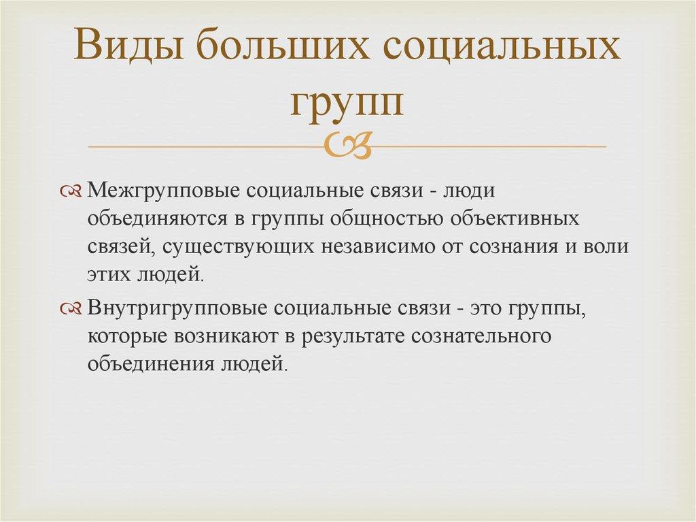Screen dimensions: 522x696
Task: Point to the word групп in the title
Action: coord(347,102)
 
